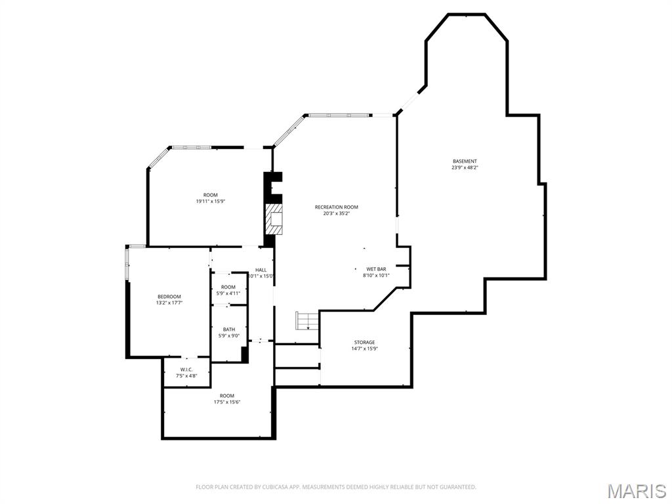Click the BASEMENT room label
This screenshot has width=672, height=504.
pos(465,161)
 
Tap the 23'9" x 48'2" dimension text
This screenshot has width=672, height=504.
pos(465,167)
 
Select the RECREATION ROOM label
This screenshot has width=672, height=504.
pos(336,207)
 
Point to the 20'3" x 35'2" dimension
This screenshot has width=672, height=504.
pos(336,213)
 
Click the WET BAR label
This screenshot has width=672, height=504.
pos(376,269)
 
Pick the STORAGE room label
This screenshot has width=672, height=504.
pos(364,342)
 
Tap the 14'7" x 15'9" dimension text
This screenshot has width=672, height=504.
pos(364,348)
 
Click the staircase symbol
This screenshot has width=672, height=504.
pos(306,321)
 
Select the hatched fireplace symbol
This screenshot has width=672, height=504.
pos(273,219)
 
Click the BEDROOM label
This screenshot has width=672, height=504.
pos(169,297)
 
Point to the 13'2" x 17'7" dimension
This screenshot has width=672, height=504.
pos(169,303)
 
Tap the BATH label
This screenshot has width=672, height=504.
pos(228,329)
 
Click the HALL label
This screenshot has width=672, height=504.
pos(261,270)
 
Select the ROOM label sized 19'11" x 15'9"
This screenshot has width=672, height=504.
pos(210,195)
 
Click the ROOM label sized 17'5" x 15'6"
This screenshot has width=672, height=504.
pos(226,396)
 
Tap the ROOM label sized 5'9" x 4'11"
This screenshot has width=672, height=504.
pos(228,287)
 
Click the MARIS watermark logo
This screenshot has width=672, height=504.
pos(636,491)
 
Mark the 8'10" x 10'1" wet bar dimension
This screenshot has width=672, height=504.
pos(376,276)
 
